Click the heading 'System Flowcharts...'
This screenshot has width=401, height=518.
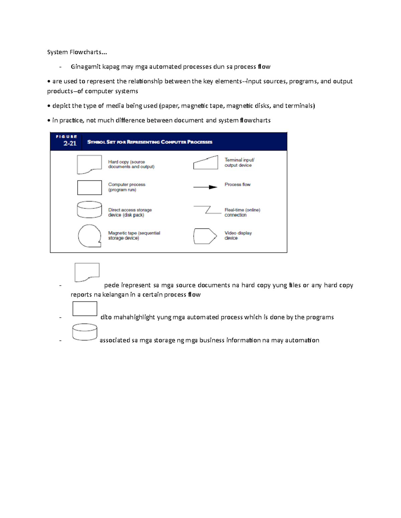[77, 52]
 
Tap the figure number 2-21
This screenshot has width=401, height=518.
[70, 143]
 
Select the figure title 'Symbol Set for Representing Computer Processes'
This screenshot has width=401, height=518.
[150, 142]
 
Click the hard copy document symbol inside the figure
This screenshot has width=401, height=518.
[89, 164]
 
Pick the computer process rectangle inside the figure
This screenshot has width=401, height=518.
[89, 187]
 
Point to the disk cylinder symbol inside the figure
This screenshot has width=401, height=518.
[89, 209]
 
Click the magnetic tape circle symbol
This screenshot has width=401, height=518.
[89, 235]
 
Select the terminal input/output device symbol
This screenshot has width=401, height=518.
[206, 163]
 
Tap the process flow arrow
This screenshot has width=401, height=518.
[205, 187]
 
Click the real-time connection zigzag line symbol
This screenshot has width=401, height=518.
[208, 210]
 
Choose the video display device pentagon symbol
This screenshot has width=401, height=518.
[205, 236]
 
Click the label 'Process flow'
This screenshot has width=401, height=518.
[237, 184]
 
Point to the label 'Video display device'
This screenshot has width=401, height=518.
[238, 235]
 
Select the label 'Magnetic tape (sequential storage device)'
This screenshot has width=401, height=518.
[134, 235]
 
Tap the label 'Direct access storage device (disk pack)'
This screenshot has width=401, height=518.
[130, 212]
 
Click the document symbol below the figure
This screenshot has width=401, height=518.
[87, 272]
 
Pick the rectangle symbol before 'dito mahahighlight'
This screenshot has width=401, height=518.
[85, 309]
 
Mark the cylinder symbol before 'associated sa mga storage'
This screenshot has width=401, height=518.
[85, 332]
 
